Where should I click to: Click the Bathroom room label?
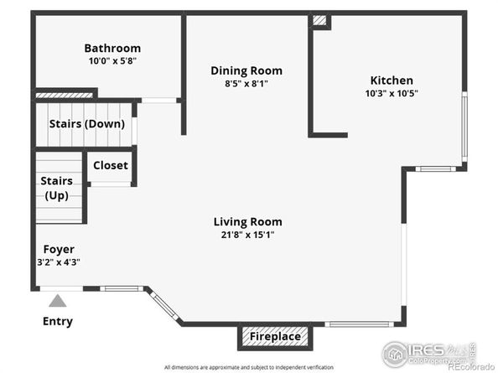(x=112, y=49)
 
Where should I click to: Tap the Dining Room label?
(x=246, y=70)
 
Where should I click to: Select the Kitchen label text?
(x=392, y=80)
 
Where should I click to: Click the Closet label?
(x=111, y=165)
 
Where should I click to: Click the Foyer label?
(x=60, y=249)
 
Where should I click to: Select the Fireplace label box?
(x=276, y=337)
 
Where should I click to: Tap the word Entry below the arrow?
(x=58, y=321)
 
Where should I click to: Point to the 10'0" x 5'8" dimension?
(x=112, y=61)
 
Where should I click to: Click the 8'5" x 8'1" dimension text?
(x=246, y=83)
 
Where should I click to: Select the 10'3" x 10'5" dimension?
(x=392, y=93)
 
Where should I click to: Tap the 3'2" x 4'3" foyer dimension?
(x=60, y=262)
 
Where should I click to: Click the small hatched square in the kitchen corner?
(x=319, y=20)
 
